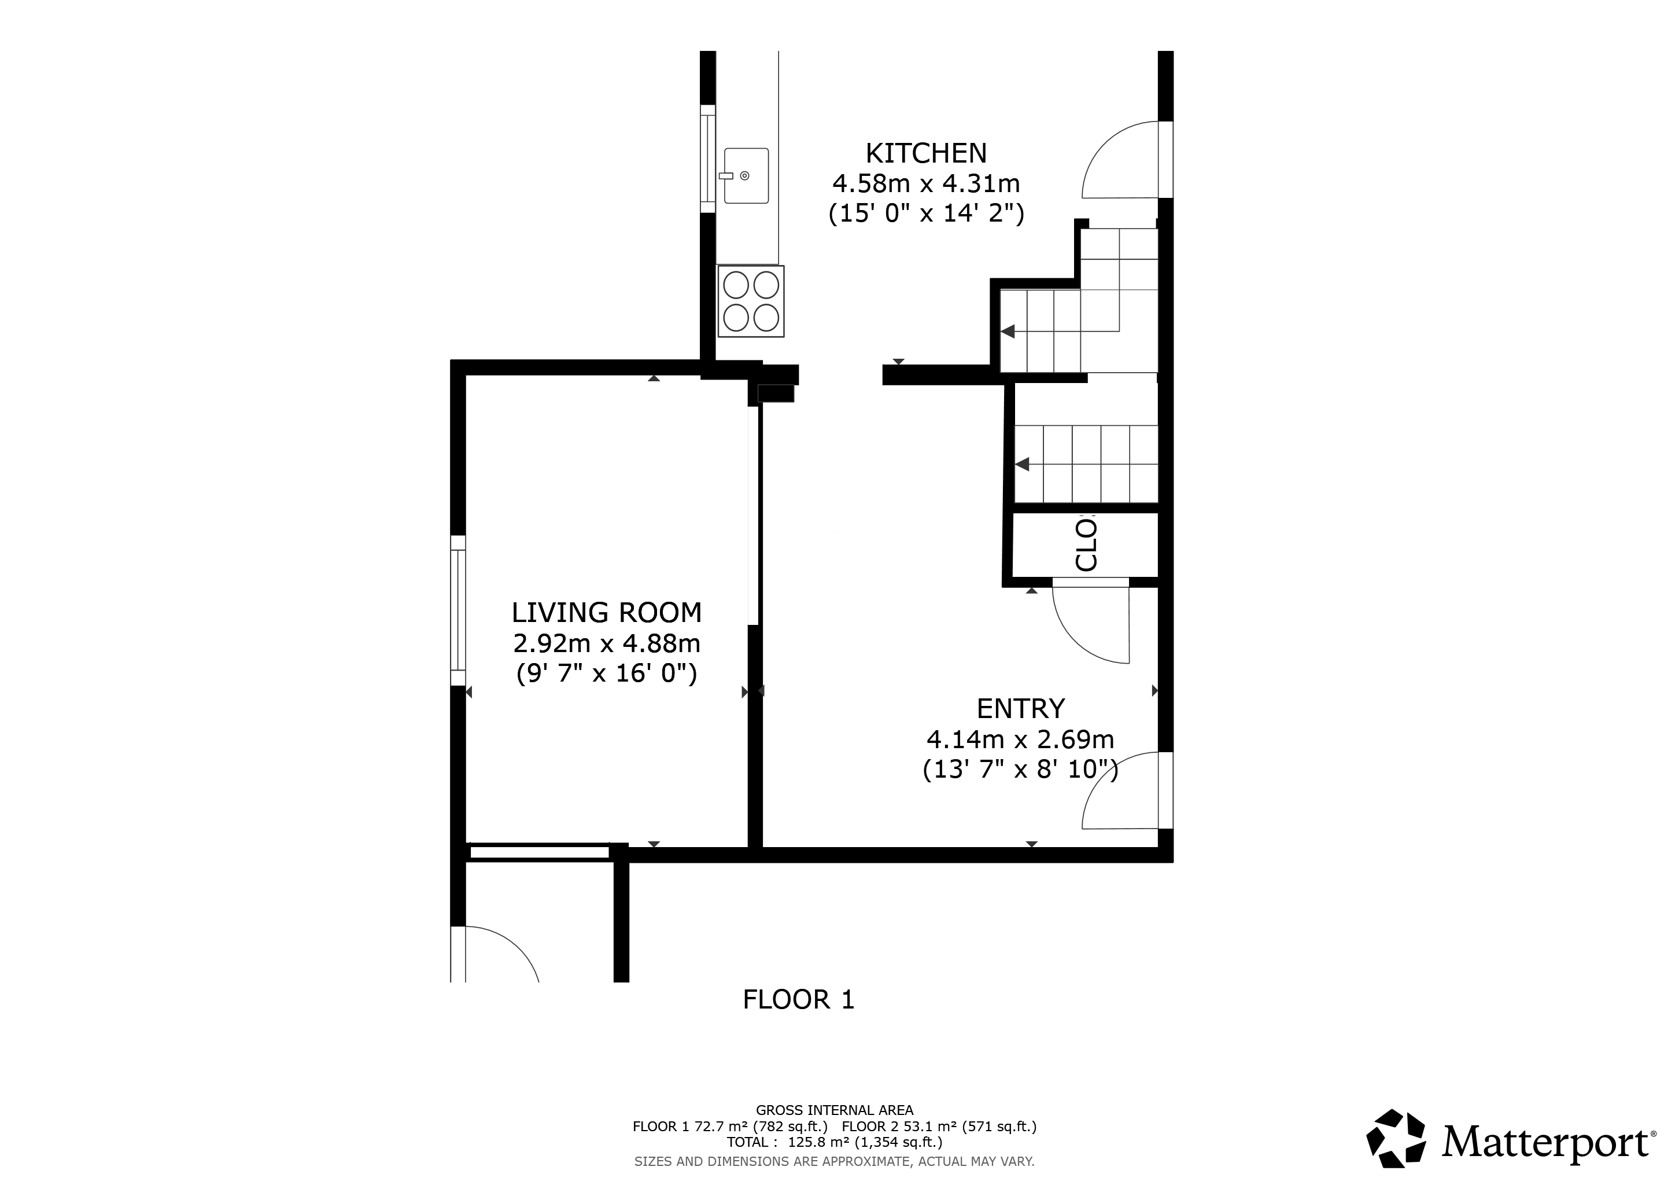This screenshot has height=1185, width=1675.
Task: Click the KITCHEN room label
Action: pyautogui.click(x=926, y=153)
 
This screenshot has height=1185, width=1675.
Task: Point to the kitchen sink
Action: pyautogui.click(x=746, y=176)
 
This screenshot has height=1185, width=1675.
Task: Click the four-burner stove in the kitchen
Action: pyautogui.click(x=751, y=301)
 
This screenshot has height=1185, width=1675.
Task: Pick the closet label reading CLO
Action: pyautogui.click(x=1086, y=544)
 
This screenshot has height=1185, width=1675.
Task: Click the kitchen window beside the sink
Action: pyautogui.click(x=707, y=159)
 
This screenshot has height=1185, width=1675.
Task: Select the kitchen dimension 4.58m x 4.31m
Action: pyautogui.click(x=926, y=183)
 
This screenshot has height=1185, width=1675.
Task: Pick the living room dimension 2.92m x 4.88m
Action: pyautogui.click(x=606, y=643)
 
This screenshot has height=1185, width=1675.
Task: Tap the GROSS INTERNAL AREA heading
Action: pyautogui.click(x=835, y=1110)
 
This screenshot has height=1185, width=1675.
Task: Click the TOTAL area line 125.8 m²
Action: pyautogui.click(x=835, y=1142)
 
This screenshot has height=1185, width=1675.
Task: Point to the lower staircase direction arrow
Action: pyautogui.click(x=1022, y=464)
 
